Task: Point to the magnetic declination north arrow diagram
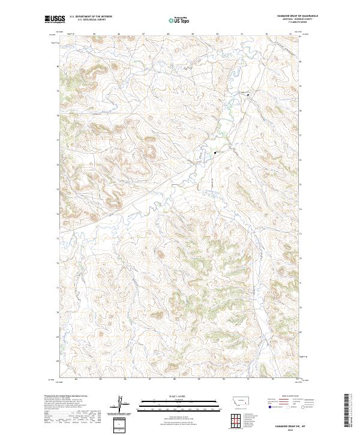(x=120, y=404)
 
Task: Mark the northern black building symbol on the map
(x=248, y=94)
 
